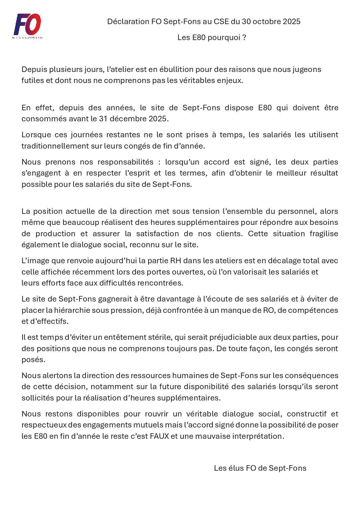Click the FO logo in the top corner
[28, 26]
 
